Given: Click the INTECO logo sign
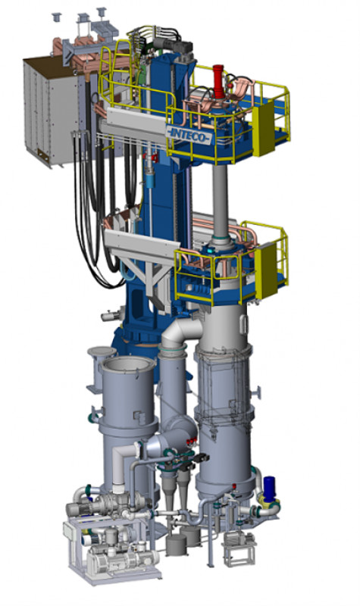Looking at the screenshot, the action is pyautogui.click(x=190, y=134).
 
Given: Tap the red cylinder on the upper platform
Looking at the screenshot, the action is pyautogui.click(x=218, y=83).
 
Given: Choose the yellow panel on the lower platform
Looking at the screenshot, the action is pyautogui.click(x=266, y=270).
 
